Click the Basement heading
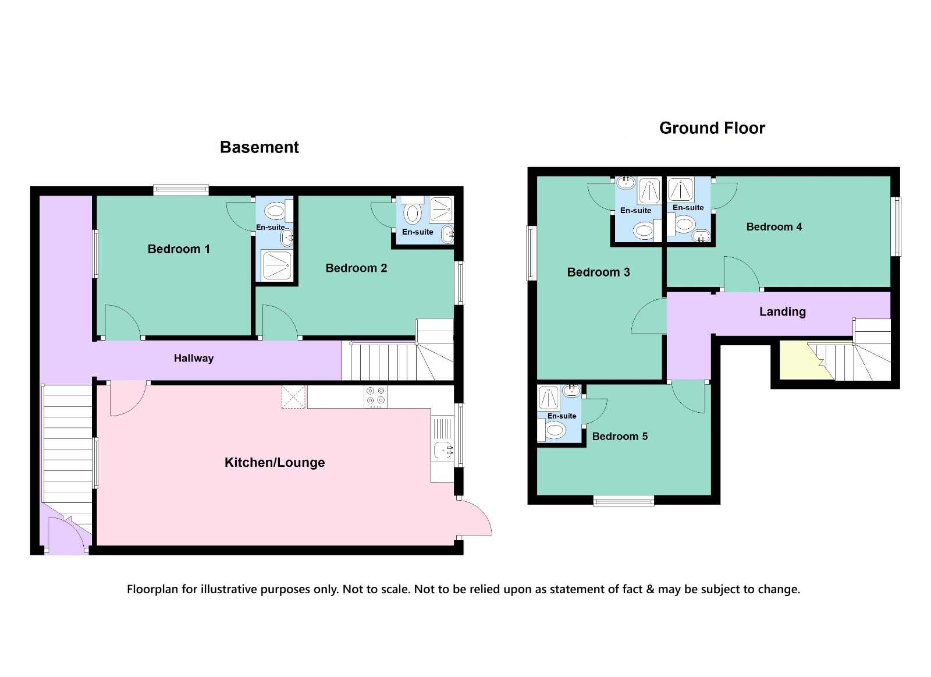[x=260, y=147]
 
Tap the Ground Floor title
[x=712, y=128]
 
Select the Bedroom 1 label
[x=179, y=249]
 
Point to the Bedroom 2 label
[x=356, y=268]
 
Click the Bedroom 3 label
[x=599, y=272]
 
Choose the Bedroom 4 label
[x=774, y=227]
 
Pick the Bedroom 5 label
[x=620, y=436]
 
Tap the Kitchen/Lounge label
[x=275, y=462]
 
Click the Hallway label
[x=194, y=358]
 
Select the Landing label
[x=783, y=312]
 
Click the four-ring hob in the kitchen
[x=375, y=397]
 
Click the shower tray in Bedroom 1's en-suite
[x=276, y=265]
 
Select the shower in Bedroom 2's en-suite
[x=441, y=209]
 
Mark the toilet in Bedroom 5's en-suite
[x=552, y=430]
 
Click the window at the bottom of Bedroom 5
[x=623, y=500]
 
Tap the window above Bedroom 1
[x=181, y=190]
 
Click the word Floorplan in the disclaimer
[x=152, y=590]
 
